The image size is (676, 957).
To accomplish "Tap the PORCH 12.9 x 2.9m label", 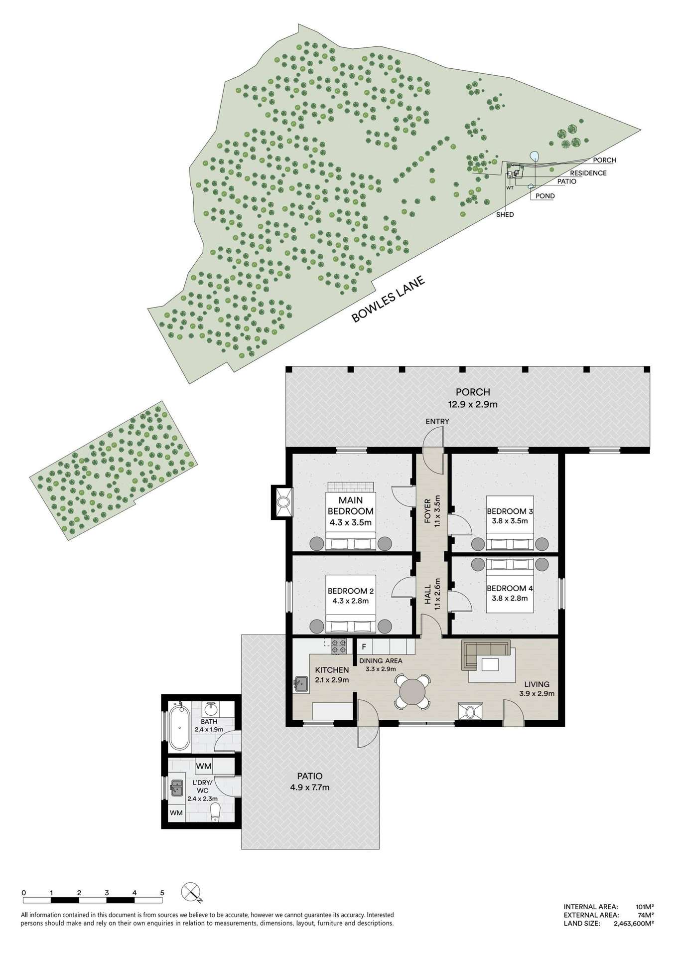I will pyautogui.click(x=472, y=398).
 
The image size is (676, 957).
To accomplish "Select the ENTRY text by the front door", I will pyautogui.click(x=437, y=422).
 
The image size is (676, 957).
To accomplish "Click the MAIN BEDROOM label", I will pyautogui.click(x=351, y=505).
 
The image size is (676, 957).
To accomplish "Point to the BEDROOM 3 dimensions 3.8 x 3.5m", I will pyautogui.click(x=507, y=521).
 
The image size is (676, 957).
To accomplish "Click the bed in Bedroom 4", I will pyautogui.click(x=510, y=585).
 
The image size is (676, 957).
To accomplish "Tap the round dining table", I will pyautogui.click(x=412, y=691).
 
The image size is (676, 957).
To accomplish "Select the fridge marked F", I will pyautogui.click(x=364, y=647).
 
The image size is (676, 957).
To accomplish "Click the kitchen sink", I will pyautogui.click(x=301, y=684).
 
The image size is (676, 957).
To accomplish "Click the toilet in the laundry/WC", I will pyautogui.click(x=215, y=817).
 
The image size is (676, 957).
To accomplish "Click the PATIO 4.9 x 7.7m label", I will pyautogui.click(x=309, y=782).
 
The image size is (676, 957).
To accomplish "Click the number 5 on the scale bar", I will pyautogui.click(x=162, y=892).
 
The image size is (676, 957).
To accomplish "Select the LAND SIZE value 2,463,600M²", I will pyautogui.click(x=628, y=923).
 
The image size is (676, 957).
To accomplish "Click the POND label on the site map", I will pyautogui.click(x=545, y=196).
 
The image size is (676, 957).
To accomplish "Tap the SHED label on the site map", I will pyautogui.click(x=505, y=215).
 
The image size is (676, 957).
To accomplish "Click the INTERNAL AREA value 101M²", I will pyautogui.click(x=645, y=907).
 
